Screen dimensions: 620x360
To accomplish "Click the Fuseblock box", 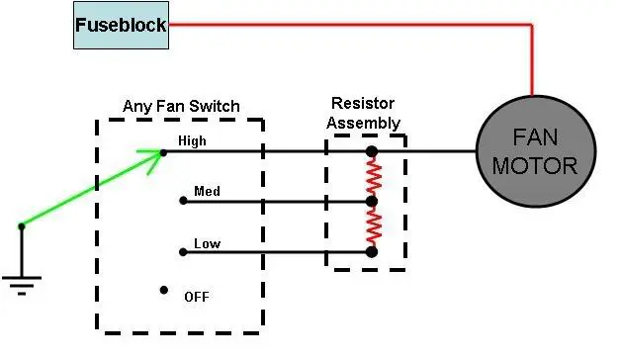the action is pyautogui.click(x=121, y=26).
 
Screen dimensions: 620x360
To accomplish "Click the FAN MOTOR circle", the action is pyautogui.click(x=536, y=151).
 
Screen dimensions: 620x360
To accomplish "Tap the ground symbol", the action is pyautogui.click(x=22, y=285).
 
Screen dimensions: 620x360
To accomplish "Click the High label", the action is pyautogui.click(x=192, y=140).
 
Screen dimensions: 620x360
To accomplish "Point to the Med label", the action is pyautogui.click(x=207, y=192).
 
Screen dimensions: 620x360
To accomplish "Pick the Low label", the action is pyautogui.click(x=208, y=243).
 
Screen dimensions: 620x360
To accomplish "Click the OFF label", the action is pyautogui.click(x=197, y=297).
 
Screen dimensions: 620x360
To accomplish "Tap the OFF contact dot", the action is pyautogui.click(x=164, y=291).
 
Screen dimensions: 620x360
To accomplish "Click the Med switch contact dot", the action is pyautogui.click(x=183, y=201).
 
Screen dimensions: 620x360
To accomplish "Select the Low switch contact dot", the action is pyautogui.click(x=183, y=252).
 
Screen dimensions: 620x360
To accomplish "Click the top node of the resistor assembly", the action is pyautogui.click(x=371, y=151).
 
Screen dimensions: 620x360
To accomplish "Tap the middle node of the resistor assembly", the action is pyautogui.click(x=371, y=202).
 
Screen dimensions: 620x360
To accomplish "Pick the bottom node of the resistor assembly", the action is pyautogui.click(x=371, y=252).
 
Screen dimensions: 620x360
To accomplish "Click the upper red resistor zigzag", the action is pyautogui.click(x=374, y=176).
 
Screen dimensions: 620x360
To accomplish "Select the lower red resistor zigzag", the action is pyautogui.click(x=374, y=227).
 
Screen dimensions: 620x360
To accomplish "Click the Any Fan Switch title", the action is pyautogui.click(x=181, y=107).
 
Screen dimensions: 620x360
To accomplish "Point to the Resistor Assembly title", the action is pyautogui.click(x=363, y=113).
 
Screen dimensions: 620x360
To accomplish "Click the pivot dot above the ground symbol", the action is pyautogui.click(x=22, y=226).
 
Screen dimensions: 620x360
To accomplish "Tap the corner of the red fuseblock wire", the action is pyautogui.click(x=532, y=25).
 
